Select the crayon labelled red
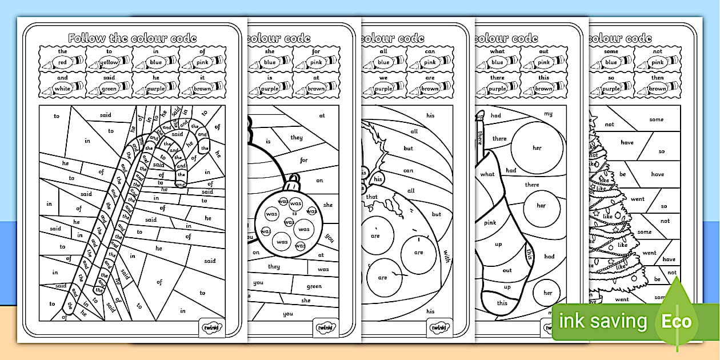click(x=62, y=62)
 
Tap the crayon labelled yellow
click(x=109, y=62)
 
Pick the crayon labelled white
click(x=62, y=89)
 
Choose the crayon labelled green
click(x=109, y=89)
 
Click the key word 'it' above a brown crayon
click(x=202, y=78)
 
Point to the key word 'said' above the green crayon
click(x=109, y=78)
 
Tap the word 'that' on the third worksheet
click(x=372, y=197)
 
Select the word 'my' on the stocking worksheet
click(x=548, y=114)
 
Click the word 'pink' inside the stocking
click(x=490, y=222)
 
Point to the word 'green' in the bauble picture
click(x=314, y=287)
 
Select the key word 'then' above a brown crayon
click(x=658, y=78)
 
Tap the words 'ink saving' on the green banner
click(x=602, y=322)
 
